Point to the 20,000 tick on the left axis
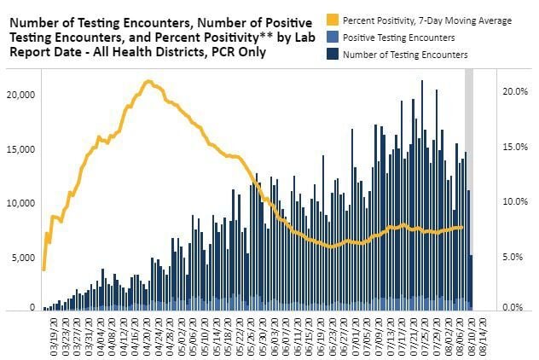(x=19, y=94)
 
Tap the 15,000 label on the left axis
(x=19, y=148)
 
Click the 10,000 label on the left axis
(x=19, y=203)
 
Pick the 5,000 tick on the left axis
(x=21, y=258)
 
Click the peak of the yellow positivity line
(x=148, y=82)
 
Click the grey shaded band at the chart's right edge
(x=468, y=171)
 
